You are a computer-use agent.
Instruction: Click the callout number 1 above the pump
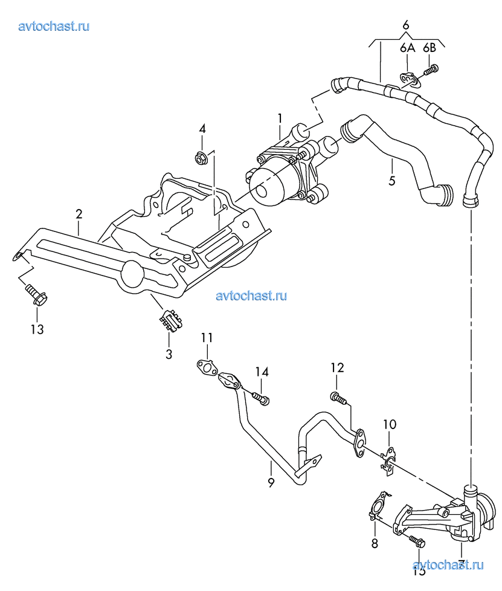point(280,117)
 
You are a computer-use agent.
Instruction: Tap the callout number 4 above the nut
point(202,129)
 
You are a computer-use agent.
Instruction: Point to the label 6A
point(407,48)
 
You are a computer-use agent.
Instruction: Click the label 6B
point(430,48)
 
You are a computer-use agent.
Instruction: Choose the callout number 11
point(207,337)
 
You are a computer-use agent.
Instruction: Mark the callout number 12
point(336,367)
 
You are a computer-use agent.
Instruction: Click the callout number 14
point(260,372)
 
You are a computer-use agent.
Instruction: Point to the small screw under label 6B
point(431,71)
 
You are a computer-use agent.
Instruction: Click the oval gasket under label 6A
point(409,79)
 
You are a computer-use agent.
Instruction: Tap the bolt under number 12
point(338,398)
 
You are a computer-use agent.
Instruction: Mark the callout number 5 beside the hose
point(391,180)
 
